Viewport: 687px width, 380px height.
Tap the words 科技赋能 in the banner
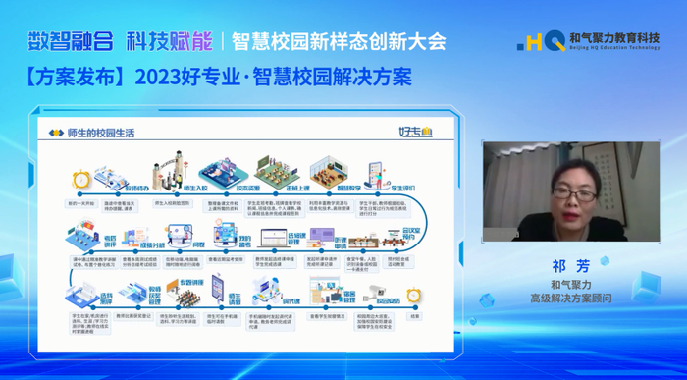click(168, 40)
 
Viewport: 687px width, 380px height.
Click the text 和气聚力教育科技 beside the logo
click(613, 36)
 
